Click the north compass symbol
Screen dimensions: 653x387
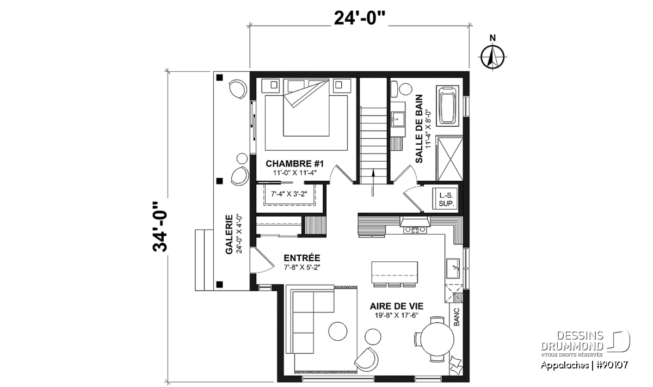pyautogui.click(x=492, y=57)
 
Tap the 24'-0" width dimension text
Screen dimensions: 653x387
pyautogui.click(x=359, y=18)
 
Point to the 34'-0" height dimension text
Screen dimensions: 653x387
pyautogui.click(x=160, y=226)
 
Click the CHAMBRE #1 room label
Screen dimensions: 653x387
pyautogui.click(x=295, y=164)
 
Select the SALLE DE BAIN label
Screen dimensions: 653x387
pyautogui.click(x=419, y=128)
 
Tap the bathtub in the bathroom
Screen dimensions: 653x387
pyautogui.click(x=447, y=106)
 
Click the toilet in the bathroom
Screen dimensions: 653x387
pyautogui.click(x=402, y=89)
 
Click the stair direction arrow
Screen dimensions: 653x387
pyautogui.click(x=373, y=182)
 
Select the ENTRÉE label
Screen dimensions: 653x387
pyautogui.click(x=301, y=258)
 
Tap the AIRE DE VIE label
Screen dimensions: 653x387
pyautogui.click(x=397, y=306)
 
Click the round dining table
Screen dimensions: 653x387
pyautogui.click(x=437, y=339)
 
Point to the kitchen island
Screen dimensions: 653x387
pyautogui.click(x=395, y=272)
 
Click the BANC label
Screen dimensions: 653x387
pyautogui.click(x=457, y=317)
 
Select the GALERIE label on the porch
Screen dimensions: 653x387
pyautogui.click(x=229, y=234)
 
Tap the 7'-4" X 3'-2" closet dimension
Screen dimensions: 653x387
pyautogui.click(x=289, y=194)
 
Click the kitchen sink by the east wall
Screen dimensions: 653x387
pyautogui.click(x=453, y=268)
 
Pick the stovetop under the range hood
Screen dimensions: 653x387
pyautogui.click(x=415, y=230)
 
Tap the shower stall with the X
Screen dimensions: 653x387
pyautogui.click(x=450, y=158)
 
